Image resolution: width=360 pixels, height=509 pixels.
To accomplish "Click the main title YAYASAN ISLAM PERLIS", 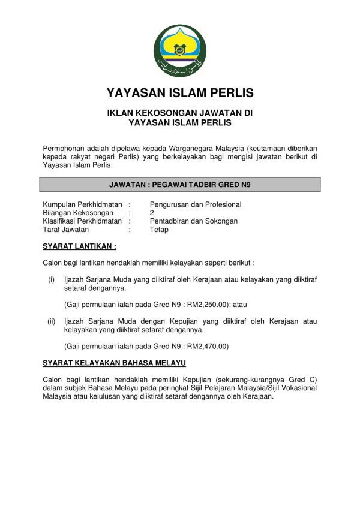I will [x=180, y=93].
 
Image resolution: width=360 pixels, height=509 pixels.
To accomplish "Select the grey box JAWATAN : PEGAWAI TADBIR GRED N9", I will [x=180, y=185].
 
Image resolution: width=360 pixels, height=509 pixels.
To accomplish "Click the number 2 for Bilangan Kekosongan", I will [x=152, y=213].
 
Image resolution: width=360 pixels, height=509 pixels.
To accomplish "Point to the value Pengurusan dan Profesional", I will [x=196, y=204].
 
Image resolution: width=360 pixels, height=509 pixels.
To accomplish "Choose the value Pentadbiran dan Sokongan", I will [x=194, y=221].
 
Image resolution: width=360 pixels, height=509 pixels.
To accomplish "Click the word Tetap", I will [x=159, y=230].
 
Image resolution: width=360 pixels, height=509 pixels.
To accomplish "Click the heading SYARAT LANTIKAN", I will [x=80, y=246].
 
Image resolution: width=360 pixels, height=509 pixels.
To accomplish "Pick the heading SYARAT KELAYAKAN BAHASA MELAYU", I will [x=115, y=363].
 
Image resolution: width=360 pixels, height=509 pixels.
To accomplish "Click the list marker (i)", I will [x=52, y=279].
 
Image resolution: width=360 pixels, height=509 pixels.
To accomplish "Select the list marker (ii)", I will [x=52, y=321].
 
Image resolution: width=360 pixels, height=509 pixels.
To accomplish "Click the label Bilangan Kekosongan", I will [x=78, y=213].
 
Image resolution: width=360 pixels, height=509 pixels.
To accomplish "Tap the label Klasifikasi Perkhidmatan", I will [x=82, y=221].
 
